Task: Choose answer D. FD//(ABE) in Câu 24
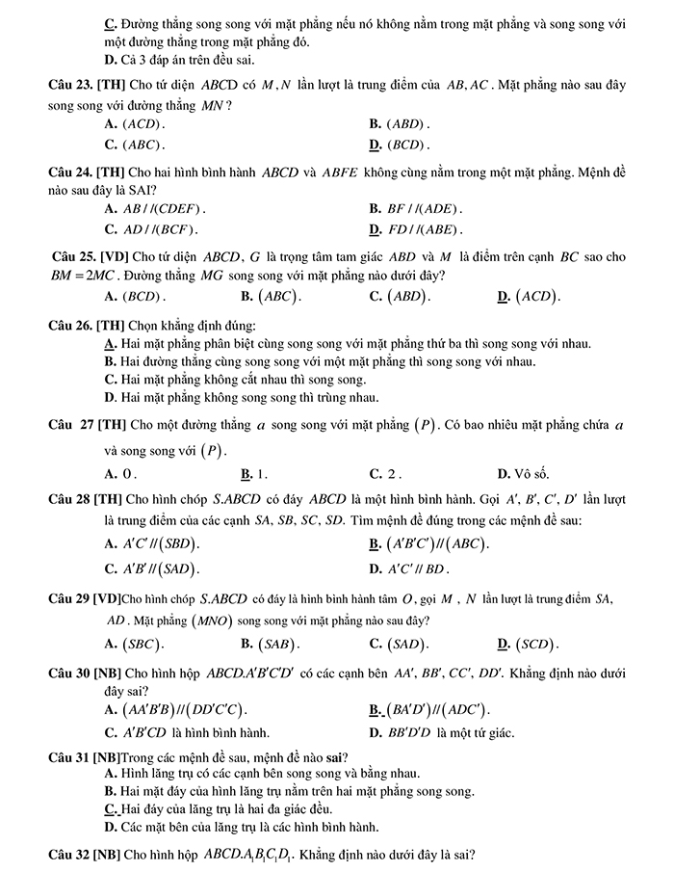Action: [415, 229]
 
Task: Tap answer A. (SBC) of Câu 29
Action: [134, 644]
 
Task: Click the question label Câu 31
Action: [70, 756]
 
